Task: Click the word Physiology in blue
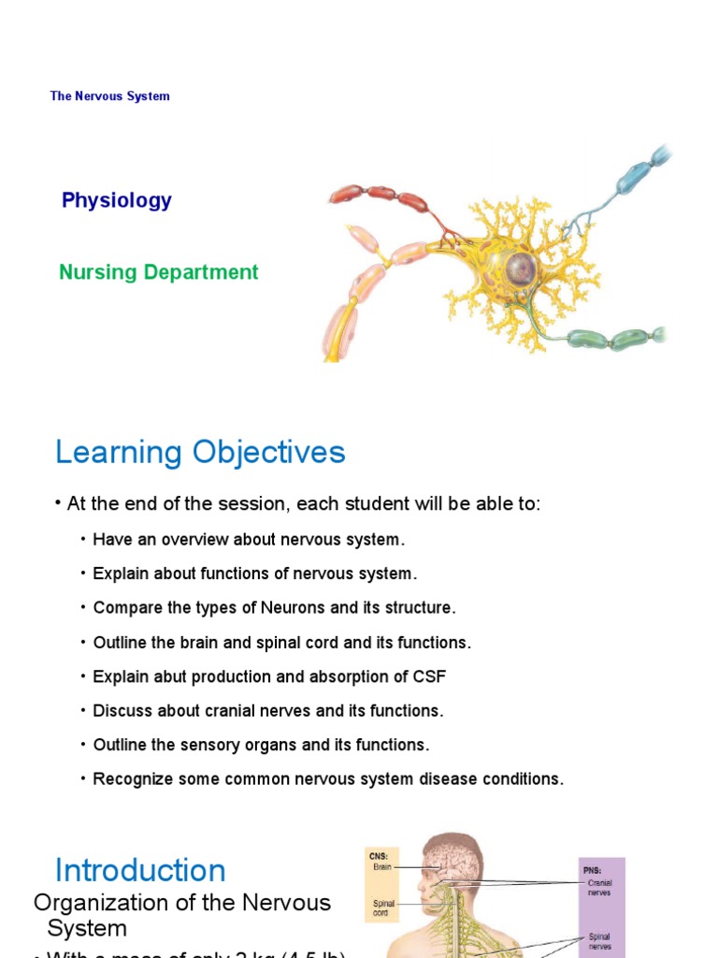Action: (117, 200)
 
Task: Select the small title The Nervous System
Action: (110, 96)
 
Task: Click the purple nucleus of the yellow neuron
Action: (520, 269)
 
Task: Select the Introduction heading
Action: (140, 870)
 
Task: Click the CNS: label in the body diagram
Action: (379, 855)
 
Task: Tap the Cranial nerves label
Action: (600, 887)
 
